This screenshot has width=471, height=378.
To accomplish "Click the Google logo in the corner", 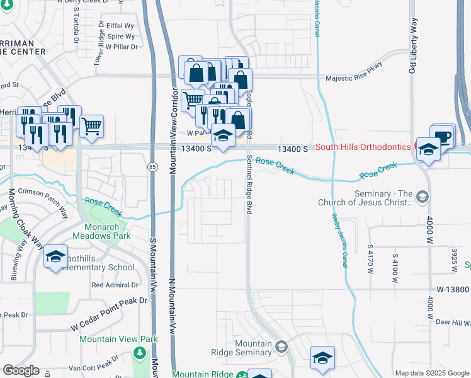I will (x=21, y=370).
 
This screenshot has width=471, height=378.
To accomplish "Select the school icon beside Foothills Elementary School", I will (x=55, y=256).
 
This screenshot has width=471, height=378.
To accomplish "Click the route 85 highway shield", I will (x=153, y=166).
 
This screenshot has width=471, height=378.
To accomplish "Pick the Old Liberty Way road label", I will (x=414, y=37).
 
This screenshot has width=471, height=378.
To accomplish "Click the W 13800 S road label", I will (x=453, y=289).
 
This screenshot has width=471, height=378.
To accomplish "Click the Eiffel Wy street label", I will (x=120, y=26).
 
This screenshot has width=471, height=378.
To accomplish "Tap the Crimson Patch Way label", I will (x=40, y=200).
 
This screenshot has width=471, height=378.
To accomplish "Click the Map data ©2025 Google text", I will (x=432, y=373).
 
